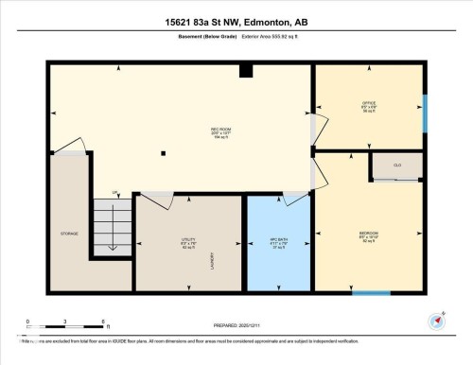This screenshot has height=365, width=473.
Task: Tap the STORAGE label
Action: pyautogui.click(x=69, y=233)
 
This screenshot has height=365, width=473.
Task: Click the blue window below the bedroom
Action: pyautogui.click(x=371, y=293)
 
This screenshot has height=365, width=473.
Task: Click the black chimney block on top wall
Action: pyautogui.click(x=246, y=69)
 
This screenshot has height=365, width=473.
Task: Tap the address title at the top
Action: pyautogui.click(x=236, y=22)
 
